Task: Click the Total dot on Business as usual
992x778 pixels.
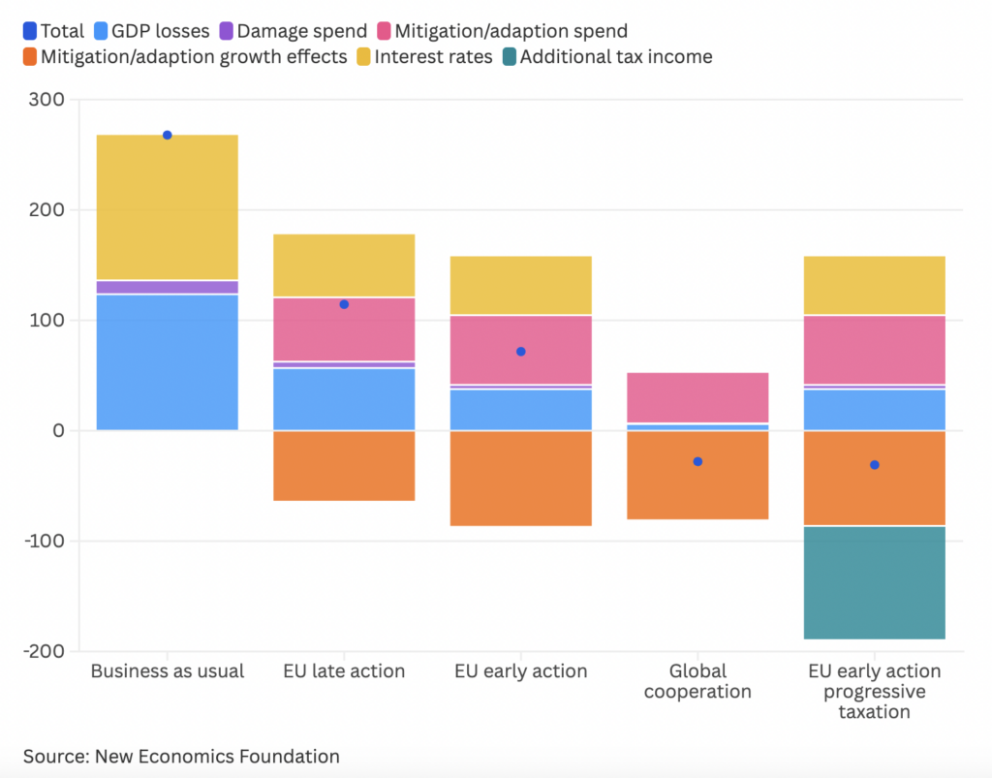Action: click(x=168, y=135)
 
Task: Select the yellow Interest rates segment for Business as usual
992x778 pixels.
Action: click(x=168, y=206)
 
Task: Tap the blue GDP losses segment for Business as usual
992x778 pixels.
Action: click(x=168, y=361)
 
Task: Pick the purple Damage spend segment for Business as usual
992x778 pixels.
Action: click(x=168, y=287)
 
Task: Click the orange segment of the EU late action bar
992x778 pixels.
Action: click(x=344, y=465)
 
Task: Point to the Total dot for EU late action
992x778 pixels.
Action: click(x=344, y=304)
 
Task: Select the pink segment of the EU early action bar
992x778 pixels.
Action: click(x=521, y=350)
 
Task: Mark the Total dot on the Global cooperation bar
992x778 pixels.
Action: click(x=697, y=461)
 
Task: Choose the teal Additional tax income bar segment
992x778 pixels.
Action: click(x=875, y=582)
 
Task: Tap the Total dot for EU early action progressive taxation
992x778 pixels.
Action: click(x=875, y=465)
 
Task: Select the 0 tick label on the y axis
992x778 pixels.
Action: click(x=59, y=430)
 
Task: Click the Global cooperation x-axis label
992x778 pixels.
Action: click(x=697, y=681)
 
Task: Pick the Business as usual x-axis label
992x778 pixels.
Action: click(x=168, y=671)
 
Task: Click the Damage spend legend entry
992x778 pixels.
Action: click(x=292, y=31)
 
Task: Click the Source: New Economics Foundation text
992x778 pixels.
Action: click(x=181, y=756)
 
